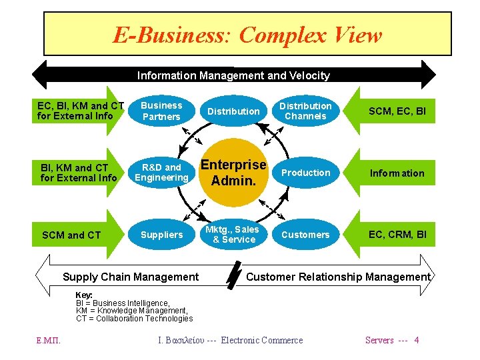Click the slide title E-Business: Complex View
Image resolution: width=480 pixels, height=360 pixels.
coord(247,35)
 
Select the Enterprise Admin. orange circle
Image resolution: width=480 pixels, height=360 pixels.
coord(233,173)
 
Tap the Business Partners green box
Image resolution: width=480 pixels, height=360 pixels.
coord(161,111)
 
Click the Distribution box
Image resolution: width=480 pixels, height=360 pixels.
coord(233,111)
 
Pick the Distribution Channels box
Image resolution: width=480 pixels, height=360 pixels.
coord(305,111)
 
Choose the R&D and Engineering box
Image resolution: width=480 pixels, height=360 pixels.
coord(161,173)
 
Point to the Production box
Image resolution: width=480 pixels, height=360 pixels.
coord(305,173)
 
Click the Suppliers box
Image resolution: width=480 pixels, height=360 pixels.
coord(161,235)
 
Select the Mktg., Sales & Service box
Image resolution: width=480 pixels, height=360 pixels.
coord(233,235)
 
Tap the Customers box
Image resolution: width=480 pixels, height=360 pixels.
coord(305,235)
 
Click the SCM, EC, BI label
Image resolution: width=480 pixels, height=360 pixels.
coord(397,111)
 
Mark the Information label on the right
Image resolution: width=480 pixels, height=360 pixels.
coord(397,173)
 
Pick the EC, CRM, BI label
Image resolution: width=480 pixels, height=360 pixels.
coord(397,235)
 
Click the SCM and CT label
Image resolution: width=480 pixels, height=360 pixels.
coord(71,235)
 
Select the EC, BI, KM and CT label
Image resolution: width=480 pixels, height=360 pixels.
coord(80,111)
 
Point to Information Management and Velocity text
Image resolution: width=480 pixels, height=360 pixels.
coord(233,75)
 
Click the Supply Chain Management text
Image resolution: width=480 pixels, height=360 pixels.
coord(130,277)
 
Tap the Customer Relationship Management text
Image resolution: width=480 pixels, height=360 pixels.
coord(339,277)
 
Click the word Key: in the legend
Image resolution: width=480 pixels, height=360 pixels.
coord(84,295)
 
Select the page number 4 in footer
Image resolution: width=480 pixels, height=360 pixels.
coord(417,340)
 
